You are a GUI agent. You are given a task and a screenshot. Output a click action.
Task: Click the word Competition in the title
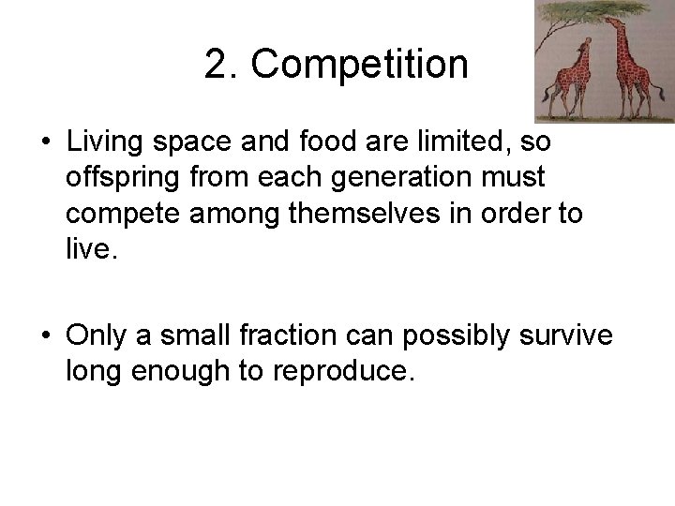(x=360, y=65)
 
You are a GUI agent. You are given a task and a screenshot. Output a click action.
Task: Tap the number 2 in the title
(x=216, y=65)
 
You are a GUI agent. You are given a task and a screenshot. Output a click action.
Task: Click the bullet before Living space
(x=45, y=144)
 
